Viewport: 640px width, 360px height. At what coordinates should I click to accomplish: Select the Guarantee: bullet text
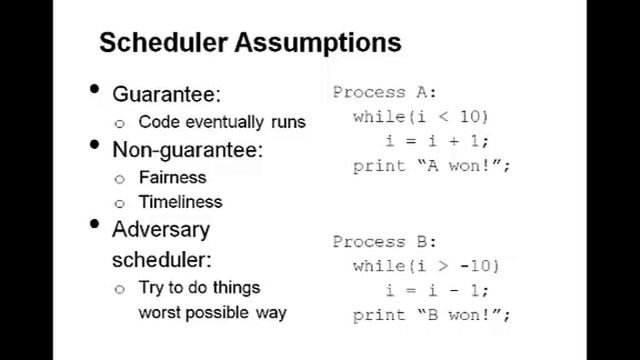point(166,94)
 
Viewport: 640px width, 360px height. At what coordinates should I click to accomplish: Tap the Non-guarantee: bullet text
point(187,149)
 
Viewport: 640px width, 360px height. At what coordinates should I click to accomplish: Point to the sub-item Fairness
point(172,177)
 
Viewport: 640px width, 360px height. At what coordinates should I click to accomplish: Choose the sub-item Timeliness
point(180,201)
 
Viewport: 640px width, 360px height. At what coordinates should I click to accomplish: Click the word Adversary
point(161,229)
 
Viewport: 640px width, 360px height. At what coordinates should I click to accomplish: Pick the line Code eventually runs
point(221,122)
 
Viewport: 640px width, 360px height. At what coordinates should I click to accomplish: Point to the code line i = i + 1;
point(437,141)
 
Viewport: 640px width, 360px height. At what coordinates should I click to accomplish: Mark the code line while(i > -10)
point(426,266)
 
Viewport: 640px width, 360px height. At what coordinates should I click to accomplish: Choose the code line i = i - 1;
point(437,290)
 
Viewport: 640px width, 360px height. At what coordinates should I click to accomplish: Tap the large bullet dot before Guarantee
point(95,90)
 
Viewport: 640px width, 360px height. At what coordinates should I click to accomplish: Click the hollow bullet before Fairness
point(120,178)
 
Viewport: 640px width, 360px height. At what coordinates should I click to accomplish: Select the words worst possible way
point(212,312)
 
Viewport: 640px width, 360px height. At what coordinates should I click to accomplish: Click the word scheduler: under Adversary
point(161,259)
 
